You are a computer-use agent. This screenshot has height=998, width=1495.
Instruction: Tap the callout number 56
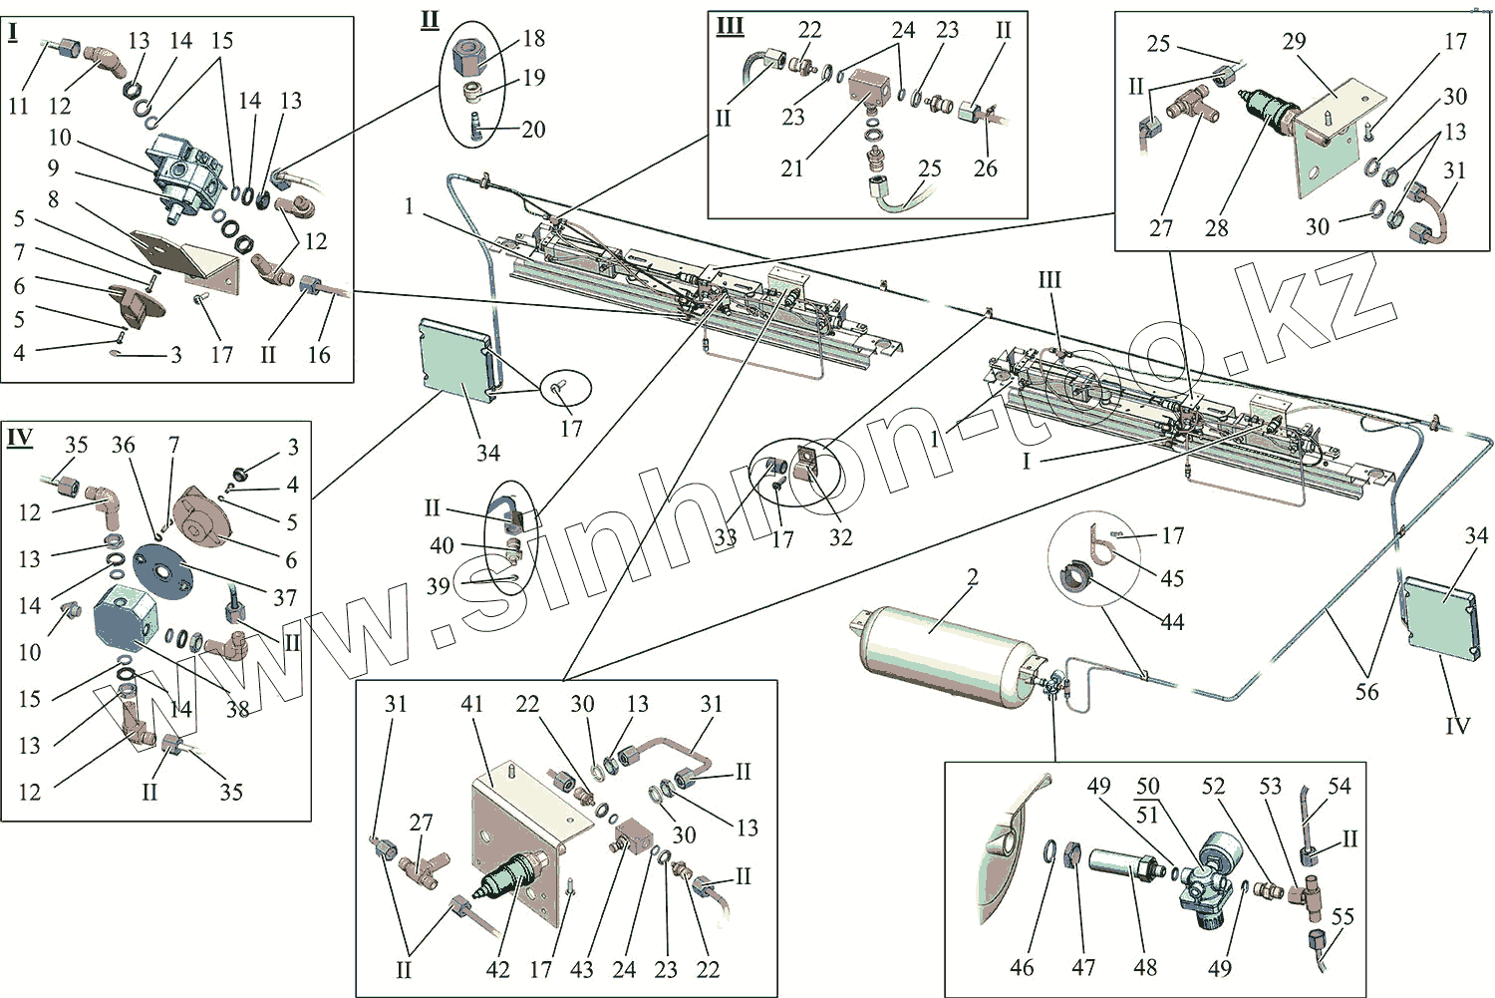tap(1366, 692)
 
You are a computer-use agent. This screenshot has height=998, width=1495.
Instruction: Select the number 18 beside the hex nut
tap(534, 39)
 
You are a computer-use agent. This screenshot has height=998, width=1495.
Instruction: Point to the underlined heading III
tap(731, 27)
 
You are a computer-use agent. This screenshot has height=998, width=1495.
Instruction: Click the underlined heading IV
tap(20, 438)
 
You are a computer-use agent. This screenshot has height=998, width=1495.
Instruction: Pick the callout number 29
tap(1294, 42)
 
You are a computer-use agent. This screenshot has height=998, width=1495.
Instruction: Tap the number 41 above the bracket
tap(471, 705)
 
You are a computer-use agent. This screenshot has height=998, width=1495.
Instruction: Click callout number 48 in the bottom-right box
tap(1145, 967)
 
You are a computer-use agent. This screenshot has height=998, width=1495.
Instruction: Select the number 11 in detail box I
tap(19, 106)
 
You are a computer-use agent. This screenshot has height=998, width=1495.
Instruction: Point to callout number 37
tap(285, 598)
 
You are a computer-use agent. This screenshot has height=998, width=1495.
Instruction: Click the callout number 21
tap(792, 168)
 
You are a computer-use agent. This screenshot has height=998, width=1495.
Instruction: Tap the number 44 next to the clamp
tap(1172, 623)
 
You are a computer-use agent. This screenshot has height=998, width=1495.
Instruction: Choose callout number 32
tap(841, 537)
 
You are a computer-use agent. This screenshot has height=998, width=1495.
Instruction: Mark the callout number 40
tap(442, 546)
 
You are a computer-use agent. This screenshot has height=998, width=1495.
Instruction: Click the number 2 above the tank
tap(973, 577)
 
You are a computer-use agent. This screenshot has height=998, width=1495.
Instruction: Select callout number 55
tap(1343, 916)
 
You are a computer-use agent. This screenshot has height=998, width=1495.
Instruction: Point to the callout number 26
tap(985, 168)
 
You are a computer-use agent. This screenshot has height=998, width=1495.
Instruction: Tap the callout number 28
tap(1217, 228)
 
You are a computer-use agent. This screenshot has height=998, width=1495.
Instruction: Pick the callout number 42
tap(497, 969)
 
